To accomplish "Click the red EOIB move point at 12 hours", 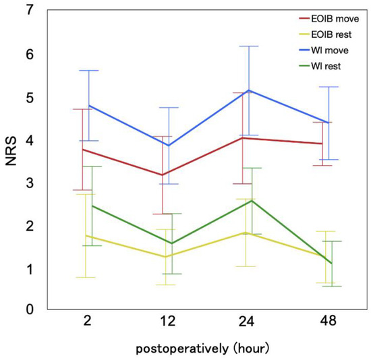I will (x=162, y=175).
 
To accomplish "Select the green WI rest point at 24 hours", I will (x=251, y=200).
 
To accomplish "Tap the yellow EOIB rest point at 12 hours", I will (x=165, y=257).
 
